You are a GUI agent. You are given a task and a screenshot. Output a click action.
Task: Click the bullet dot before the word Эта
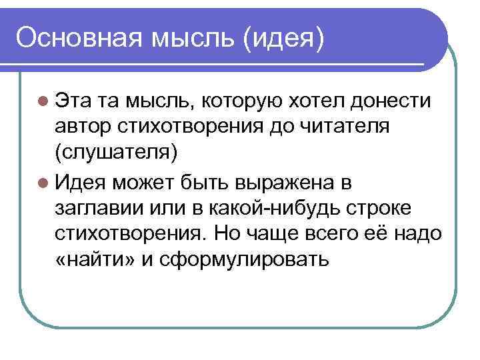[x=44, y=101]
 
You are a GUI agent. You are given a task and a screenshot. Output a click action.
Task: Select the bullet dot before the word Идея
[x=44, y=181]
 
